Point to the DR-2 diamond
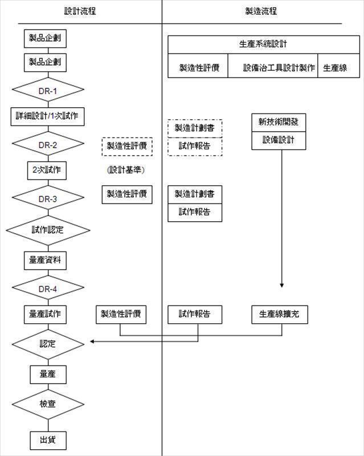tap(48, 145)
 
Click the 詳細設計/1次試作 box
tap(48, 116)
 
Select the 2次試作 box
tap(48, 170)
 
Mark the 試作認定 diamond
tap(48, 230)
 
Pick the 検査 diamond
tap(48, 404)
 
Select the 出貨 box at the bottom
tap(48, 439)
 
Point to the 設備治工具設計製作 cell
tap(272, 67)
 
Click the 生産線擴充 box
tap(279, 314)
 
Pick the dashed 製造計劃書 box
tap(195, 128)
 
